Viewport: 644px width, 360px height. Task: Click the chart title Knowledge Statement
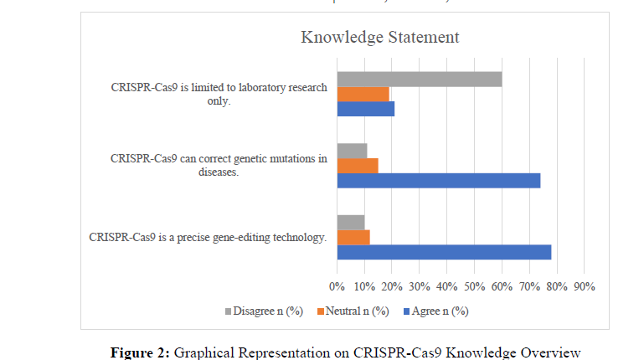[x=379, y=37]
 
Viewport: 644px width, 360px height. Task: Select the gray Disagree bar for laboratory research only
[x=419, y=79]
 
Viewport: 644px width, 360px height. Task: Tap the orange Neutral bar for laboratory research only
[x=363, y=94]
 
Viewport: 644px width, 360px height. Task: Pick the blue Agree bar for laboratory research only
[x=365, y=108]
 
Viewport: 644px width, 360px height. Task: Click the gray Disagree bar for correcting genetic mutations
[x=352, y=151]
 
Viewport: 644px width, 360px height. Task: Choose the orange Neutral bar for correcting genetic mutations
[x=357, y=165]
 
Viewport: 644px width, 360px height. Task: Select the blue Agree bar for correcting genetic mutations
[x=438, y=180]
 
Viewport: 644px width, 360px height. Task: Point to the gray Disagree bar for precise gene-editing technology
[x=350, y=223]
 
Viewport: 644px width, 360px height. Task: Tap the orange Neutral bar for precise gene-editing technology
[x=353, y=237]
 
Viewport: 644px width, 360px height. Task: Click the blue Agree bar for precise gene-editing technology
[x=443, y=252]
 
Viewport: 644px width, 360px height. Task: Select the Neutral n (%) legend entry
[x=354, y=311]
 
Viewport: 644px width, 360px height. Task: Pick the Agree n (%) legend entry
[x=436, y=311]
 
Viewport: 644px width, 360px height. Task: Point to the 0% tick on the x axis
[x=337, y=286]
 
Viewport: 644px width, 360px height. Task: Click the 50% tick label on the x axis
[x=474, y=286]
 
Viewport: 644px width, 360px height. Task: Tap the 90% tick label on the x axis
[x=584, y=286]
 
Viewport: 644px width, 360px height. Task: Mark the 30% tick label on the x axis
[x=419, y=286]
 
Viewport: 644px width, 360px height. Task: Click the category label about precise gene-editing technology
[x=207, y=237]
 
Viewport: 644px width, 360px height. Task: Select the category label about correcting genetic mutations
[x=219, y=165]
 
